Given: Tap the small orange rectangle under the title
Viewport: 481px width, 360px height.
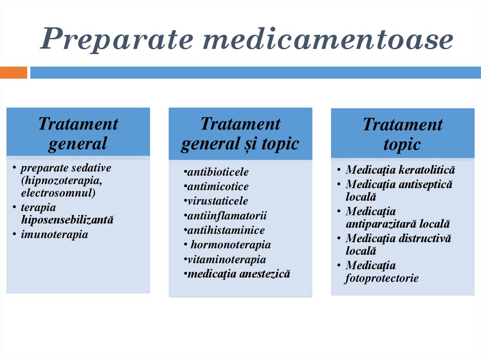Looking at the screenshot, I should click(x=14, y=73).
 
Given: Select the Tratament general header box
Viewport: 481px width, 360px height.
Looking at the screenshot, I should click(x=78, y=133).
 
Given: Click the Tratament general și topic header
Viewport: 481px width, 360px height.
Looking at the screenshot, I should click(x=240, y=134).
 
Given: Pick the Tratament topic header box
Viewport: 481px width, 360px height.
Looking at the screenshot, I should click(x=402, y=134).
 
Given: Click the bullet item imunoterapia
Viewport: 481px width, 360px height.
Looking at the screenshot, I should click(x=54, y=234).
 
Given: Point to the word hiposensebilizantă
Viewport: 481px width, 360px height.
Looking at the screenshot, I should click(x=67, y=220).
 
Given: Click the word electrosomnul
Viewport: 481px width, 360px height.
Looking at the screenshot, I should click(x=57, y=192).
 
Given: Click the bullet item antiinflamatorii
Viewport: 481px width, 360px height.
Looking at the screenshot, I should click(x=225, y=216).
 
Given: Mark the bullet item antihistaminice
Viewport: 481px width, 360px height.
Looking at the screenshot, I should click(x=225, y=230).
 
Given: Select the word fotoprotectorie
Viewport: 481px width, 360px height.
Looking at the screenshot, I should click(x=382, y=278).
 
